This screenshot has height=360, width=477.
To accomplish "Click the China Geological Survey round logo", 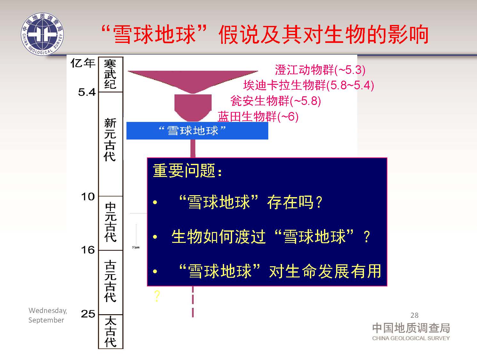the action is pyautogui.click(x=42, y=34).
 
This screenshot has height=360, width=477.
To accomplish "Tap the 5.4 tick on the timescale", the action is pyautogui.click(x=87, y=92).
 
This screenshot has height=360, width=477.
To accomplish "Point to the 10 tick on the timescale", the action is pyautogui.click(x=88, y=197).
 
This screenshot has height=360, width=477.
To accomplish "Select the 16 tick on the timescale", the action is pyautogui.click(x=88, y=250).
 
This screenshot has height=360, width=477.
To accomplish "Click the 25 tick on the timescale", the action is pyautogui.click(x=88, y=314).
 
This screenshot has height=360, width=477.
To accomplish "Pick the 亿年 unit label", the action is pyautogui.click(x=83, y=63).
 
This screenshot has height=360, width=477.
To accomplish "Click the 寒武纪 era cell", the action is pyautogui.click(x=111, y=75).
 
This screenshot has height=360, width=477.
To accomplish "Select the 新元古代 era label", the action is pyautogui.click(x=110, y=140).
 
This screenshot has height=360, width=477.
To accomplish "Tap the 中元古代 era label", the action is pyautogui.click(x=111, y=222).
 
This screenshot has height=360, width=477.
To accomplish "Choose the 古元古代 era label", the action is pyautogui.click(x=110, y=281).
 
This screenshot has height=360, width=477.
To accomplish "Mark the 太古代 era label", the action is pyautogui.click(x=111, y=332).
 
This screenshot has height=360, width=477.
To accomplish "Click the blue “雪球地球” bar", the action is pyautogui.click(x=197, y=131).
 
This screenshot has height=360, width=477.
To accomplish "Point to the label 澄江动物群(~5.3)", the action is pyautogui.click(x=320, y=70).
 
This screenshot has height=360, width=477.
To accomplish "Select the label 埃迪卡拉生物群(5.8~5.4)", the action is pyautogui.click(x=309, y=85).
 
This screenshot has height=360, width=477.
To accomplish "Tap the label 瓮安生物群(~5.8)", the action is pyautogui.click(x=276, y=101).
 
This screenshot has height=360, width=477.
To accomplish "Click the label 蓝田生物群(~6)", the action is pyautogui.click(x=258, y=116).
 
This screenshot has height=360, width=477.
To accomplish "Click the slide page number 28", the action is pyautogui.click(x=415, y=315).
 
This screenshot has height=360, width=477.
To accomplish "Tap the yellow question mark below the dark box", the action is pyautogui.click(x=157, y=296).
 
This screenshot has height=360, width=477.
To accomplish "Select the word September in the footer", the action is pyautogui.click(x=46, y=320).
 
